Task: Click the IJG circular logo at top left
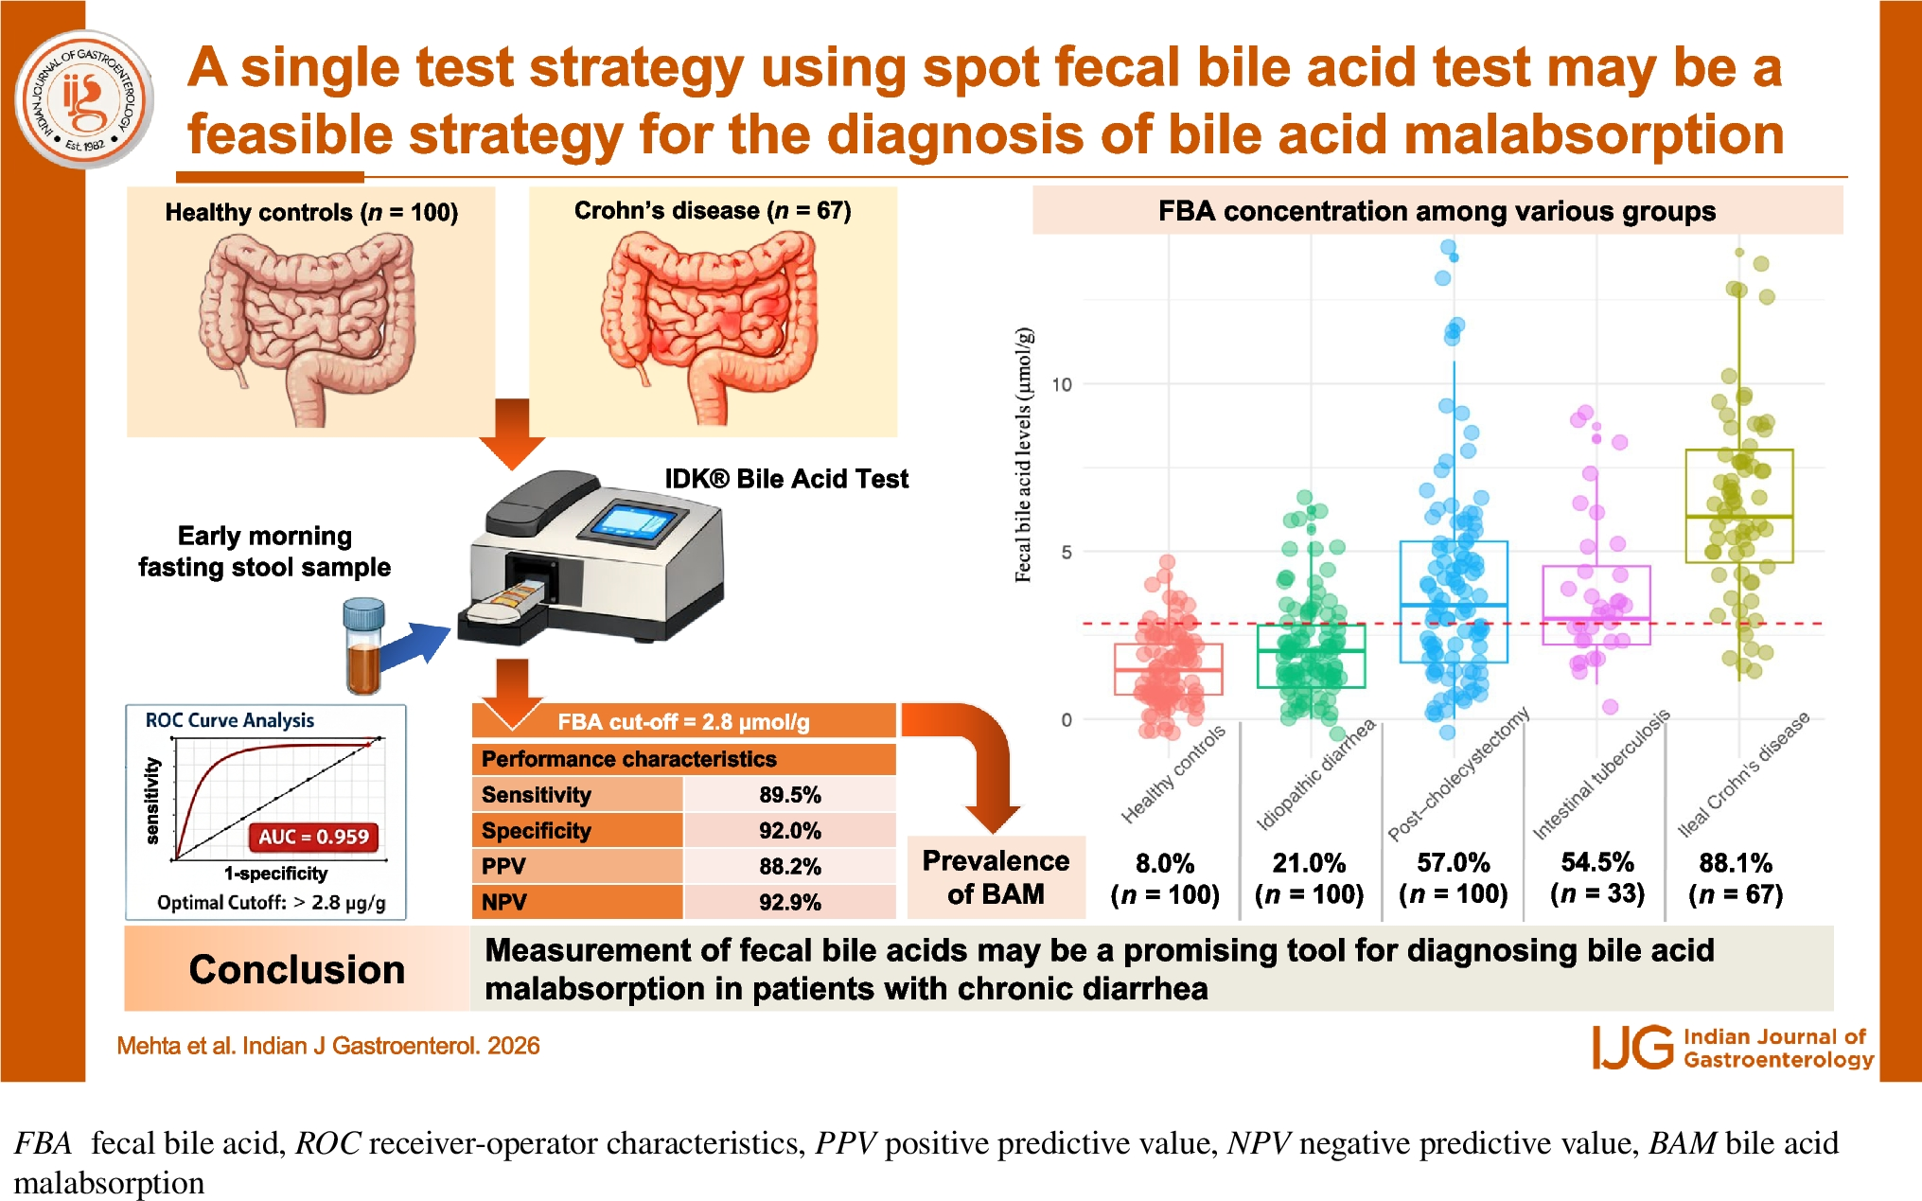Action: (85, 98)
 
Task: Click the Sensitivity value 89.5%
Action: (789, 795)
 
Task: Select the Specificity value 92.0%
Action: (789, 831)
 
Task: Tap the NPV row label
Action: (504, 903)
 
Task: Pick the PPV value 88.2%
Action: (789, 867)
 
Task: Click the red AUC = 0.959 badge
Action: (314, 837)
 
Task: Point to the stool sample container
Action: (363, 645)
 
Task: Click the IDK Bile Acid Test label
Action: (785, 479)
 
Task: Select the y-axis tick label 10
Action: (1062, 384)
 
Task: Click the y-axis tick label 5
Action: (1067, 552)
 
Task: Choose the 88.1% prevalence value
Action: (1736, 863)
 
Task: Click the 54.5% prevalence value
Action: (1597, 862)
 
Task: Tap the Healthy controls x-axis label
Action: (1173, 774)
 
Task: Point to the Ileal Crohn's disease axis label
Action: (1743, 774)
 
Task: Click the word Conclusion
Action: (296, 969)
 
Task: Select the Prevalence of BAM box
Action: (996, 877)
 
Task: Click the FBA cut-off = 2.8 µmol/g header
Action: (683, 722)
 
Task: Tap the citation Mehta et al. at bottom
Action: (327, 1046)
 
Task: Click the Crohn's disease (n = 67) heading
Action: (713, 210)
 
